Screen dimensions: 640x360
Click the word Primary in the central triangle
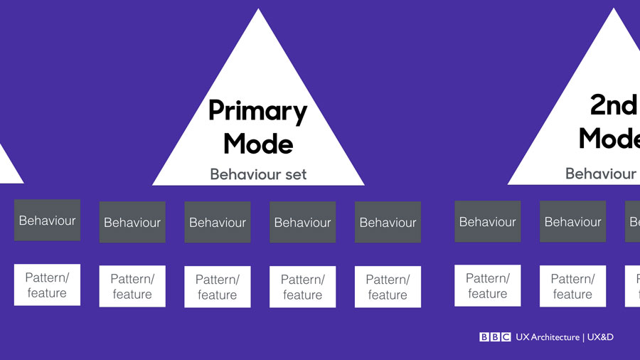click(257, 112)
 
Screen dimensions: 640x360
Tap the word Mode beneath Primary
click(257, 144)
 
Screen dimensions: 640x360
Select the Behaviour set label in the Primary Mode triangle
click(258, 174)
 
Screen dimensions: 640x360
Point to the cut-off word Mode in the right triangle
click(609, 138)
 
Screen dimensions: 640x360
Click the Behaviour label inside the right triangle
click(601, 174)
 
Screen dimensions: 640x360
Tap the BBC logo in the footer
click(494, 337)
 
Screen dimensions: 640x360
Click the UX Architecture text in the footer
click(548, 337)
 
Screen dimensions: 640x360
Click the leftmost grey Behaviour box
click(47, 221)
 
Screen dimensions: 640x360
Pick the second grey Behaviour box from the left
click(132, 222)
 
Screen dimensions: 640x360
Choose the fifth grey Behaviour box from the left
click(388, 222)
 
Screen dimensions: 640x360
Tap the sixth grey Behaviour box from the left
click(487, 222)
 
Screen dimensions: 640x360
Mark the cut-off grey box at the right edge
click(633, 222)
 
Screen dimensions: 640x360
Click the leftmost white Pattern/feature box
click(47, 285)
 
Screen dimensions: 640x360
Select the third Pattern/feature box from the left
click(218, 287)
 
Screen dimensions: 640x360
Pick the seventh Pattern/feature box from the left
click(572, 286)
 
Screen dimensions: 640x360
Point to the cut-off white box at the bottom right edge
click(633, 286)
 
